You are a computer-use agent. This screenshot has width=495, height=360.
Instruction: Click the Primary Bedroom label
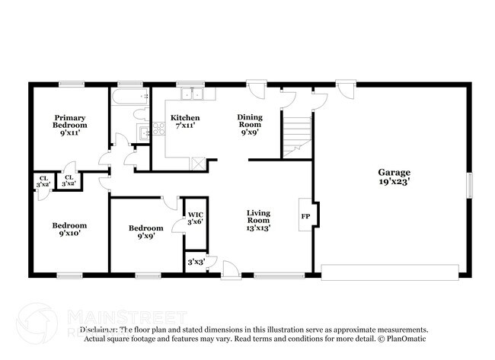click(x=69, y=125)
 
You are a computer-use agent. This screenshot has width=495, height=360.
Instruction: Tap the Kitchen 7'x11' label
click(x=185, y=122)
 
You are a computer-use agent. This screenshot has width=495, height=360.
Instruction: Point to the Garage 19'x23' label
click(x=394, y=177)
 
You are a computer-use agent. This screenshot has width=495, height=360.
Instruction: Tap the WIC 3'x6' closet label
click(x=196, y=218)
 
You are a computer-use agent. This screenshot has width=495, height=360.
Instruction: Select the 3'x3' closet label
click(x=195, y=262)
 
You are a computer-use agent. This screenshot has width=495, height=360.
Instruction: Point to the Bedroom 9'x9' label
click(x=145, y=232)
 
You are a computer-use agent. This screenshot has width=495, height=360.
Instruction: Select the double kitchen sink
click(x=192, y=95)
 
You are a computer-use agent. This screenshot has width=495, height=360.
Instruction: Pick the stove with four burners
click(x=159, y=129)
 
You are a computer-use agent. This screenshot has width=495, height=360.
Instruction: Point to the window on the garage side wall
click(x=470, y=184)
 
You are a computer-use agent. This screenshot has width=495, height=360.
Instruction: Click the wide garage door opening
click(x=390, y=270)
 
